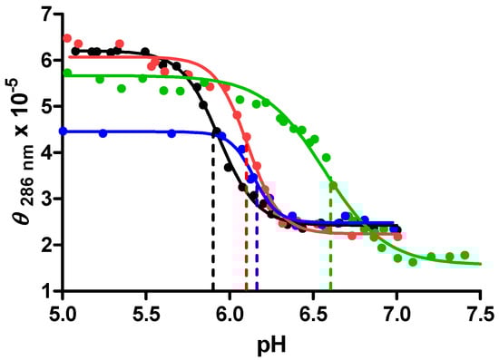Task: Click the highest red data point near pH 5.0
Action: coord(67,38)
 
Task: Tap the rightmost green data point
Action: coord(465,256)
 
